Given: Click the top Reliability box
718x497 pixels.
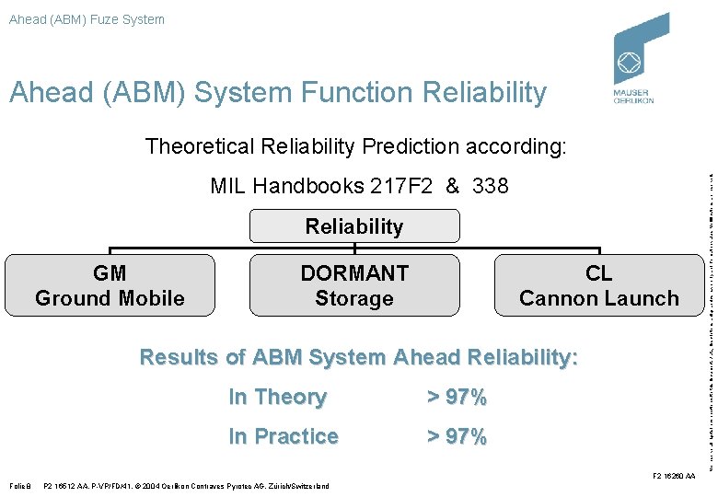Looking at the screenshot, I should pos(354,226).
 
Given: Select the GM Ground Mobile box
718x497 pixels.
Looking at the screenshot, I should pos(110,285).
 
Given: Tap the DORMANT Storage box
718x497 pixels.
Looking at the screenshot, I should pos(354,285).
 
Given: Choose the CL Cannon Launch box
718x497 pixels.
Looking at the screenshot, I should pos(598,285).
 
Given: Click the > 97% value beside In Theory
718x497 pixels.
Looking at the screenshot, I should pos(457,398).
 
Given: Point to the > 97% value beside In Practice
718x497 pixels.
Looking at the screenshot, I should pos(457,436).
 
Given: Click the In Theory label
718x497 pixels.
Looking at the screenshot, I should pos(277,398).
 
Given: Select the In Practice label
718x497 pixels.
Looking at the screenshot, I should pos(284,436).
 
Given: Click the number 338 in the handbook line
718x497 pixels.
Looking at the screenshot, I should pos(489,186).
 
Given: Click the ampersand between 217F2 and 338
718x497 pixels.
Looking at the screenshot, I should pos(452,186).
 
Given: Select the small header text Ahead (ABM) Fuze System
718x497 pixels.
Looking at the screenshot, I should pos(87,19).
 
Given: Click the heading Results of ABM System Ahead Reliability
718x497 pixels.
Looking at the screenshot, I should pos(358,357).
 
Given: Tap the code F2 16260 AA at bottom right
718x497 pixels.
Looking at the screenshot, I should pos(673,476).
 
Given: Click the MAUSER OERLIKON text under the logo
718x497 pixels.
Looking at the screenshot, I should pos(633,97).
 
